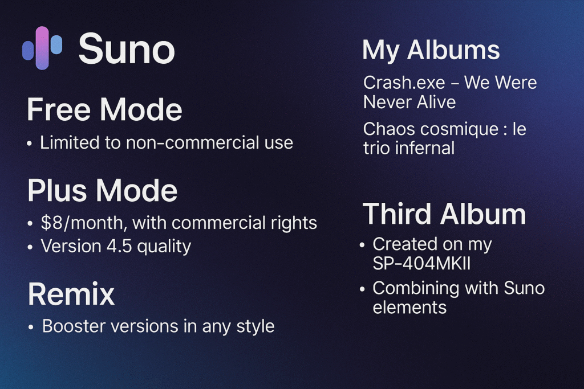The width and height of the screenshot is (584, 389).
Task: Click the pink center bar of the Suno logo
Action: point(42,48)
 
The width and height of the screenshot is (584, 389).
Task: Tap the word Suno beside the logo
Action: point(127,49)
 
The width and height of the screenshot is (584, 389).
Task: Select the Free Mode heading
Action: point(104,109)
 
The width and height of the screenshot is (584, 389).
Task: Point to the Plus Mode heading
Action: point(103,190)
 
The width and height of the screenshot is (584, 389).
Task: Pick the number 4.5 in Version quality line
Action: point(119,246)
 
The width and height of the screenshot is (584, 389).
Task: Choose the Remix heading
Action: point(71,294)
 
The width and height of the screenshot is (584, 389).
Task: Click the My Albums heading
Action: point(431,50)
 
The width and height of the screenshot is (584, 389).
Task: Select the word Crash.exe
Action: point(404,83)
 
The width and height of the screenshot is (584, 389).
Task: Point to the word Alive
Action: point(436,102)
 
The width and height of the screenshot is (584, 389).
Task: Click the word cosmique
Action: point(459,130)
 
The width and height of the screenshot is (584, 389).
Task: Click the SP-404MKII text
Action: point(421,263)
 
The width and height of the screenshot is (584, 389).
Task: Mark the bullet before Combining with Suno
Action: point(362,289)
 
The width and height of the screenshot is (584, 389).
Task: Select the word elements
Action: point(409,308)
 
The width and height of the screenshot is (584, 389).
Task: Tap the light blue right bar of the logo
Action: point(56,44)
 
